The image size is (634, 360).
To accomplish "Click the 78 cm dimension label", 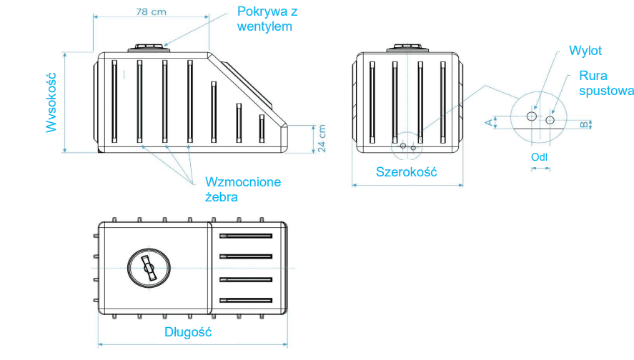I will (x=152, y=11).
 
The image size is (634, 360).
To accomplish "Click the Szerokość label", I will (x=406, y=171).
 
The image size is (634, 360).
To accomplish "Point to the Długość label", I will (x=188, y=332).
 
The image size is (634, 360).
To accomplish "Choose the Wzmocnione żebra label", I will (x=242, y=189).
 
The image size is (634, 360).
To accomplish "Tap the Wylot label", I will (x=585, y=51).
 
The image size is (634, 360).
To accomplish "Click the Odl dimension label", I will (x=540, y=157).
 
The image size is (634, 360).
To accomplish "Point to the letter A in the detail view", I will (x=489, y=123).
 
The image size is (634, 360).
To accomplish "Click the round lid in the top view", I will (x=149, y=267).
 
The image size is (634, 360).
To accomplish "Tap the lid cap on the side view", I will (x=149, y=47).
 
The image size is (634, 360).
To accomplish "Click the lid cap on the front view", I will (x=407, y=48).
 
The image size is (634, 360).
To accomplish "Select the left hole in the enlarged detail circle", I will (x=531, y=116).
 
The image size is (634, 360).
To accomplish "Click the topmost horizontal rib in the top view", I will (x=246, y=235).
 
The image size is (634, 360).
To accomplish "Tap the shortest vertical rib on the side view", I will (x=262, y=127).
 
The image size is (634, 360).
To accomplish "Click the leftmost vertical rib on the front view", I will (x=372, y=102).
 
